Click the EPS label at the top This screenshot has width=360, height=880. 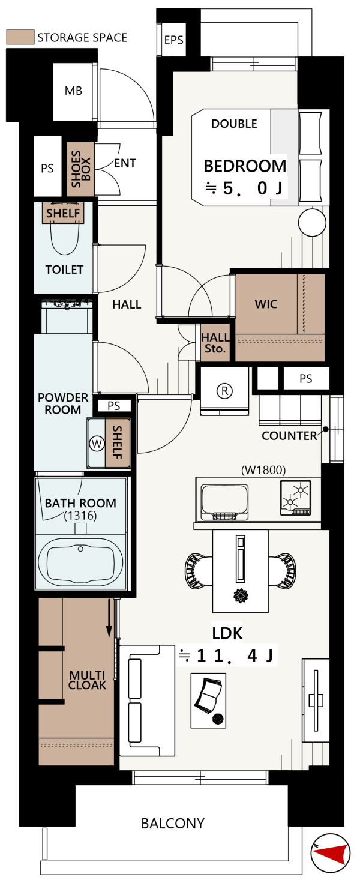173,40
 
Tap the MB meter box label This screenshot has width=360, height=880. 73,91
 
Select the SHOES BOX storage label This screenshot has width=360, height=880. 81,169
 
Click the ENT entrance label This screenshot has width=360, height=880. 125,163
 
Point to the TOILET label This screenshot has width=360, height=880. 64,270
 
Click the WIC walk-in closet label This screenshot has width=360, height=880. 266,304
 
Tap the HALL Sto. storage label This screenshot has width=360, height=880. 215,343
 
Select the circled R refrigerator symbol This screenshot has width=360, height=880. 224,391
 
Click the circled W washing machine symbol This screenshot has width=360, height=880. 97,444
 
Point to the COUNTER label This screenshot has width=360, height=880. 289,436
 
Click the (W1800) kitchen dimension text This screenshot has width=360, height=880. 263,470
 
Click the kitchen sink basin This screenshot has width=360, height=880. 224,502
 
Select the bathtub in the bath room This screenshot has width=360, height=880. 80,562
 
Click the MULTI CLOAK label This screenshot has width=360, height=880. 87,680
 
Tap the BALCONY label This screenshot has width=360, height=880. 173,823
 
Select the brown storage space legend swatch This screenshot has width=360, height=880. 20,37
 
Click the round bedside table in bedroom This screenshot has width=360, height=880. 312,222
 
